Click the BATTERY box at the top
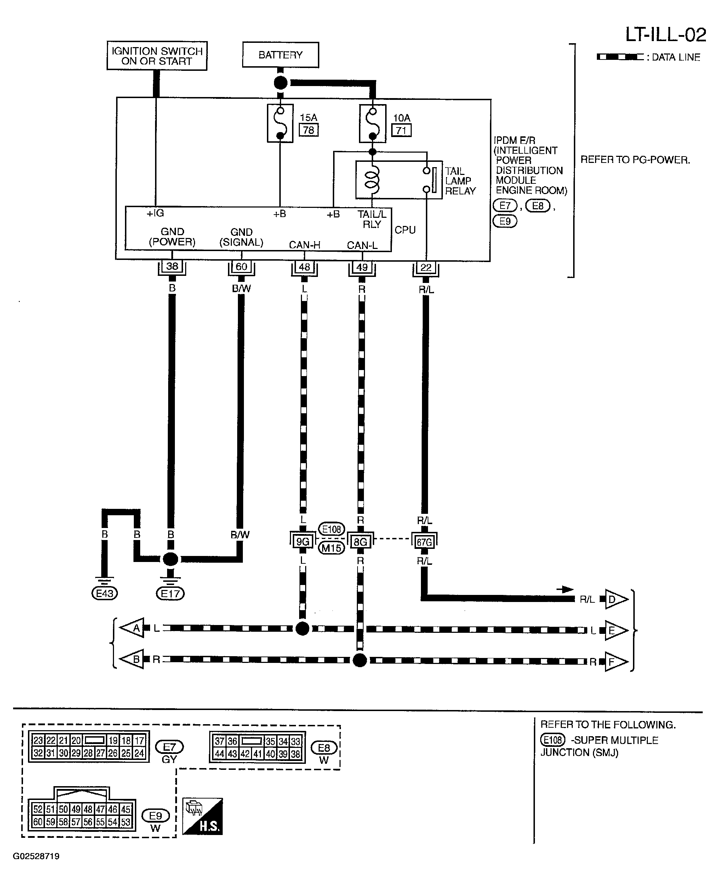pos(280,55)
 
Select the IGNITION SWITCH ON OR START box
pos(157,56)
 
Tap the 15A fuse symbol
pos(280,124)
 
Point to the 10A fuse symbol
pos(373,124)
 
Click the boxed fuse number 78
pos(309,130)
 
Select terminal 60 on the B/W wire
pos(241,267)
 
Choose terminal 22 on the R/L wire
pos(426,268)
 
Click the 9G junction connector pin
pos(303,541)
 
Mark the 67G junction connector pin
pos(424,542)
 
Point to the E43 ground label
pos(104,593)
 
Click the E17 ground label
pos(170,593)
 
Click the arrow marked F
pos(616,662)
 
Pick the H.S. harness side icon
pos(202,816)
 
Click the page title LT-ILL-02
pos(666,35)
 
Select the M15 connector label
pos(331,548)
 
